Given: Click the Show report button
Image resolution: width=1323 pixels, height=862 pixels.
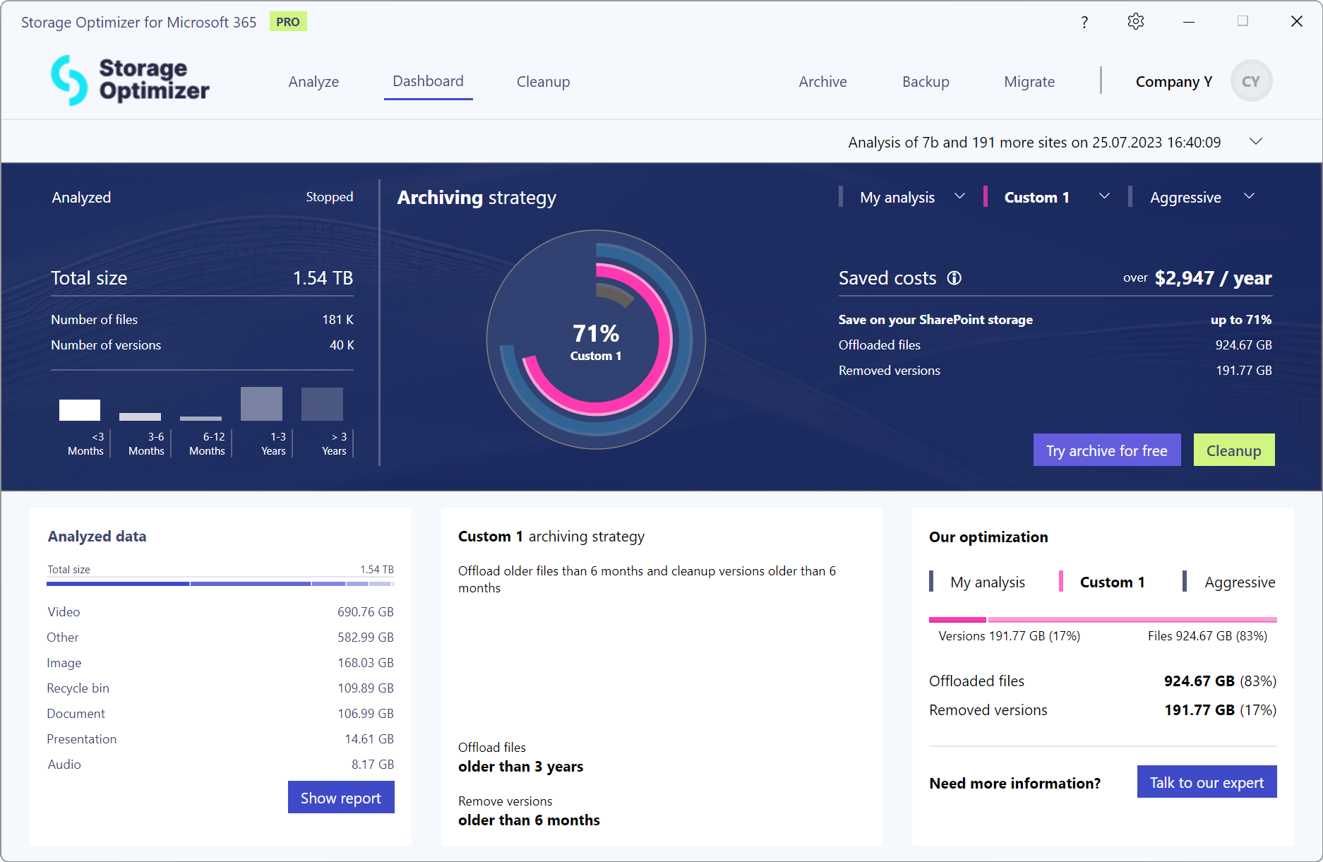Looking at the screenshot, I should (341, 797).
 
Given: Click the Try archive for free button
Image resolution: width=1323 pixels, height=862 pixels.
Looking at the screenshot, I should (1106, 450).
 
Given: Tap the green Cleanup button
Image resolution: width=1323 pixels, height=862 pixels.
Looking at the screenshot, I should (1233, 450).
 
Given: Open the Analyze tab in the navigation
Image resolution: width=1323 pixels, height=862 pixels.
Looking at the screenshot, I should (313, 82).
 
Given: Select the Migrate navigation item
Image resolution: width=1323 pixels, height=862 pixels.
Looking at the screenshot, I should (1029, 82).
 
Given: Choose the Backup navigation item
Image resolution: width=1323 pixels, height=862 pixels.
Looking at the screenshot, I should (926, 82).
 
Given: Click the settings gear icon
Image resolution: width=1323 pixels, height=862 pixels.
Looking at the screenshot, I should (1135, 22).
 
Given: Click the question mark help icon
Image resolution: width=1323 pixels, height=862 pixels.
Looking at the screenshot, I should (1084, 23).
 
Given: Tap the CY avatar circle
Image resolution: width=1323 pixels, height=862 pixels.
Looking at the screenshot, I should (1250, 81).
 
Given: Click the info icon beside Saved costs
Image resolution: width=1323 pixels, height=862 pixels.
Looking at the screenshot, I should (954, 278).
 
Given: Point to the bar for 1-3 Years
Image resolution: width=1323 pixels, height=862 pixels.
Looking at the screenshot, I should (261, 404).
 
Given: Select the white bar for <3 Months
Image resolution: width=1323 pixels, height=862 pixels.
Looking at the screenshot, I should (80, 410).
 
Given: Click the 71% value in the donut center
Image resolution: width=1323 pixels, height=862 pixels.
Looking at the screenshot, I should (596, 333).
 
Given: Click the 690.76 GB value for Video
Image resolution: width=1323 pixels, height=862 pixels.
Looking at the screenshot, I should (365, 612).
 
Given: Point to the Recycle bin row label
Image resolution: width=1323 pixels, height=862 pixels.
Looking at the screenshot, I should (78, 688).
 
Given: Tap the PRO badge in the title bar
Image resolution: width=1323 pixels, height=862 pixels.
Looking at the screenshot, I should (288, 22).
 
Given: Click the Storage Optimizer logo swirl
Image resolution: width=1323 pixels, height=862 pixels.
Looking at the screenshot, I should (69, 80).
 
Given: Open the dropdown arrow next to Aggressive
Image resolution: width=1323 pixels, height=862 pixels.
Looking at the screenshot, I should (1249, 196).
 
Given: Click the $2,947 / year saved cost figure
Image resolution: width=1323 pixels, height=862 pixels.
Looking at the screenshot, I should (1213, 278).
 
